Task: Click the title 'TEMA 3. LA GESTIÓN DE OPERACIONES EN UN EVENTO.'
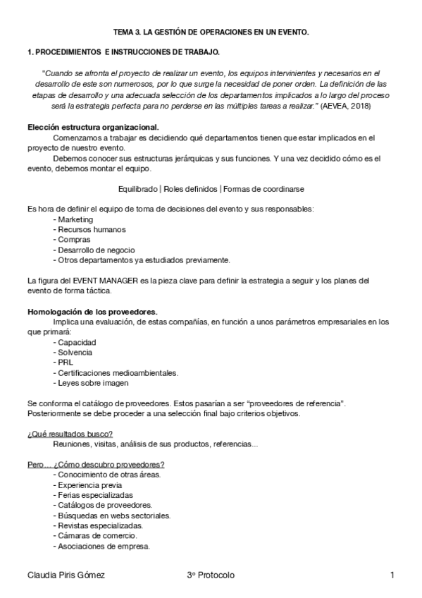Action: tap(211, 32)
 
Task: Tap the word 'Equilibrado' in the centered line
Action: tap(140, 188)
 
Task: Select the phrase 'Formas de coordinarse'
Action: tap(264, 188)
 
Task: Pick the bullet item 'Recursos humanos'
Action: tap(89, 229)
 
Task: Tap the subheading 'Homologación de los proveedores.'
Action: tap(92, 311)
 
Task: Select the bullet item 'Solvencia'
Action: tap(77, 352)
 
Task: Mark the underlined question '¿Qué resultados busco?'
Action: tap(70, 434)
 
